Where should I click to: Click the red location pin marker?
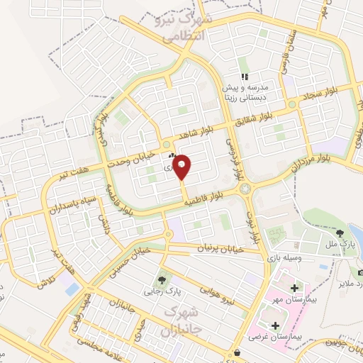click(x=182, y=167)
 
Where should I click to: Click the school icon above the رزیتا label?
click(x=245, y=77)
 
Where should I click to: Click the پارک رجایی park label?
click(x=159, y=290)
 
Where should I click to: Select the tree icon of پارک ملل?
click(x=341, y=232)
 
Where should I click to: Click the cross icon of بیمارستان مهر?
click(x=295, y=288)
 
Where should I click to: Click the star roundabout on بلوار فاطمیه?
click(x=246, y=189)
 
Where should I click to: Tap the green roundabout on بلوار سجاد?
click(x=291, y=104)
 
